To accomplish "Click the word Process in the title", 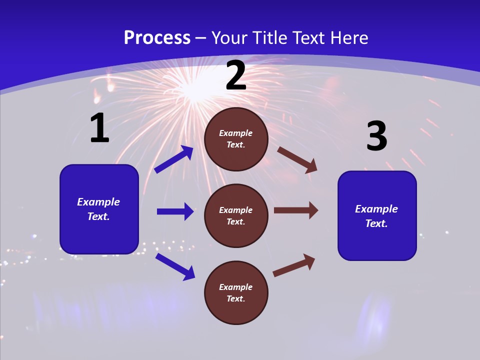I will point(157,38).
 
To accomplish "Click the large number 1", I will point(99,128).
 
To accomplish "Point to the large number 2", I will point(236,75).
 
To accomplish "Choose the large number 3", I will point(376,136).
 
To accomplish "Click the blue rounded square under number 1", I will point(99,209).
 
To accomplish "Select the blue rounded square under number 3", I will point(377,216).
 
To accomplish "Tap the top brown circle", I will point(236,139).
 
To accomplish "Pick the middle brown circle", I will point(236,215).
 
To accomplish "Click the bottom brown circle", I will point(236,292).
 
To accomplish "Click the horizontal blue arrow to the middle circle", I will point(175,211).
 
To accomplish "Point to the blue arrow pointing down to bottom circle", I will point(175,266).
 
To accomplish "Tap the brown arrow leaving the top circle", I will point(297,160).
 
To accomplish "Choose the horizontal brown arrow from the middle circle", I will point(296,210).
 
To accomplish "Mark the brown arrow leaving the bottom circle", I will point(294,265).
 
